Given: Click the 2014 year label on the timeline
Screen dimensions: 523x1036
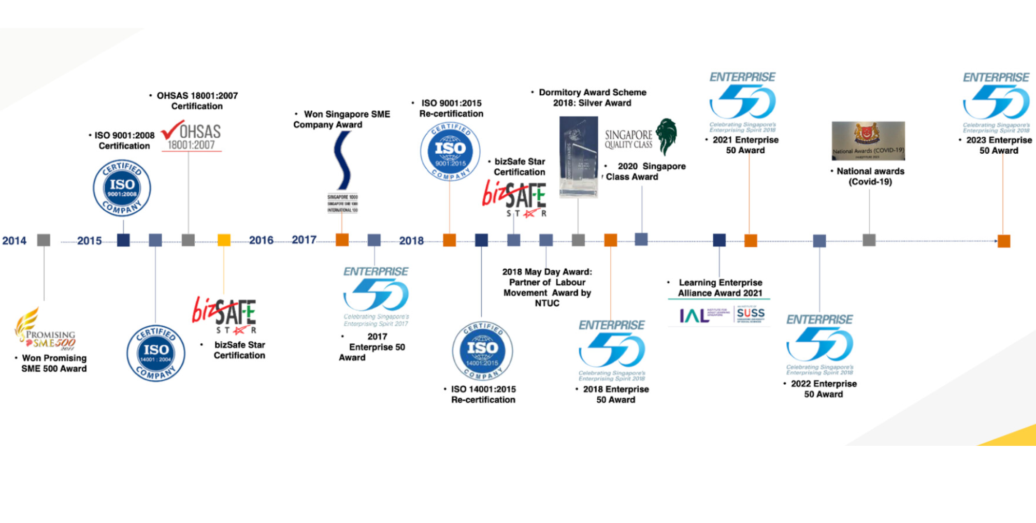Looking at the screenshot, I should point(14,241).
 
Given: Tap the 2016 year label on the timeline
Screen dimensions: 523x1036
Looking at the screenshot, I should point(261,240).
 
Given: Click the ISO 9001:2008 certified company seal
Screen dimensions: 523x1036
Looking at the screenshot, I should point(122,188).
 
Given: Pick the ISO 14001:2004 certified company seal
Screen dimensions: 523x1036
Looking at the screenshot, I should point(156,354).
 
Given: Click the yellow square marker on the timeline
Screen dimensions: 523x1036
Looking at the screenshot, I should point(224,240).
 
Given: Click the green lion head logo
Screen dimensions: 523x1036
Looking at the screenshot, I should point(667,136).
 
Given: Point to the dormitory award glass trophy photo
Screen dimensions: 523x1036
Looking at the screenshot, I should point(579,157).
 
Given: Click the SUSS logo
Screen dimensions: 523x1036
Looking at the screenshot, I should point(751,314).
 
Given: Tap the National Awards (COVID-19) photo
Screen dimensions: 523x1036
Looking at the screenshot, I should point(868,140).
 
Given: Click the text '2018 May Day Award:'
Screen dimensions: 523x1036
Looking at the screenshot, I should point(547,272).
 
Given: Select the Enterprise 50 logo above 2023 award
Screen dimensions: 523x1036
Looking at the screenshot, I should point(996,101).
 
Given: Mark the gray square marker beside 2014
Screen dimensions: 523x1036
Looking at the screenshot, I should point(44,240).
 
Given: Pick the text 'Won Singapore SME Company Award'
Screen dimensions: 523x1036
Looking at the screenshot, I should point(342,119).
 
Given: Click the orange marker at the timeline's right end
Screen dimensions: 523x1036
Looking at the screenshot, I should point(1004,241).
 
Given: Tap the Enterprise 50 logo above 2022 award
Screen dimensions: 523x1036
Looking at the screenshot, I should point(819,344).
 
